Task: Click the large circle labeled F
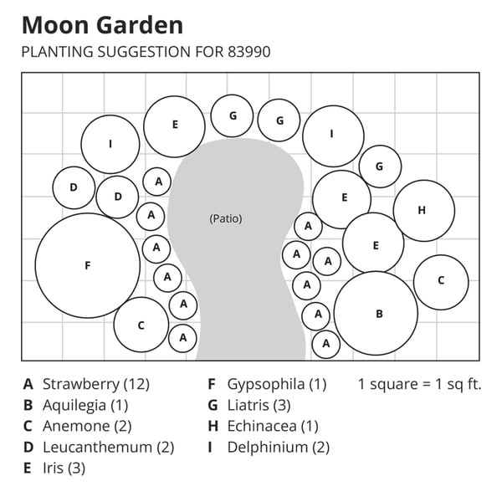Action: click(x=87, y=265)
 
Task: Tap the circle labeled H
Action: click(x=423, y=210)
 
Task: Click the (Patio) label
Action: click(x=225, y=218)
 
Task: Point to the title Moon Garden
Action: click(x=102, y=24)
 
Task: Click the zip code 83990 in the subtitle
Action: click(x=248, y=52)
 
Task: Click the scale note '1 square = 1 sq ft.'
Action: click(x=419, y=385)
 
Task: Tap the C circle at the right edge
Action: click(x=441, y=282)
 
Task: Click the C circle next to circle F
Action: click(x=141, y=325)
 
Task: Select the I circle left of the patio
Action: click(x=110, y=144)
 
